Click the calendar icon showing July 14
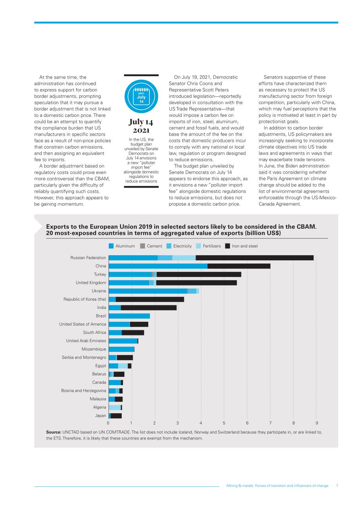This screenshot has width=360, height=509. pos(141,96)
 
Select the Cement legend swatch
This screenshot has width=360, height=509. pos(142,246)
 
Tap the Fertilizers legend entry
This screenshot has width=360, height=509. pos(208,246)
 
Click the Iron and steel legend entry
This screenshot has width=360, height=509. pos(241,246)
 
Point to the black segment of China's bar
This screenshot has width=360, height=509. pos(239,266)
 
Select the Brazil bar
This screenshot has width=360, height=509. pos(129,316)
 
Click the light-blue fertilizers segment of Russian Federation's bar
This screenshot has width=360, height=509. pos(184,258)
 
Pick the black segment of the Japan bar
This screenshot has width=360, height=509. pos(116,416)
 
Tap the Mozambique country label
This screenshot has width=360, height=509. pos(94,349)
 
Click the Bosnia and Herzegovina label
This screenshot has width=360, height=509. pos(83,391)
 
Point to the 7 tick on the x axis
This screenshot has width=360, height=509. pos(270,423)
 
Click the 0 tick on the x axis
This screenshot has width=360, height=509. pos(108,423)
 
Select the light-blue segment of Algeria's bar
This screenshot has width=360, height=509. pos(115,407)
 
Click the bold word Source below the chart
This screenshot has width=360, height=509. pos(54,432)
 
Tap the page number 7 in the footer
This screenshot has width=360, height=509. pos(337,486)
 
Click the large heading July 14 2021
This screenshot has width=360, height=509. pos(141,126)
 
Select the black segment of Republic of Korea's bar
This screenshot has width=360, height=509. pos(150,299)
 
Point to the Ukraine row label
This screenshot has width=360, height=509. pos(99,291)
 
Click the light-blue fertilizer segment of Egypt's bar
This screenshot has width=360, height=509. pos(123,366)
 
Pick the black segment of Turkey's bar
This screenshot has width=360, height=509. pos(199,274)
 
